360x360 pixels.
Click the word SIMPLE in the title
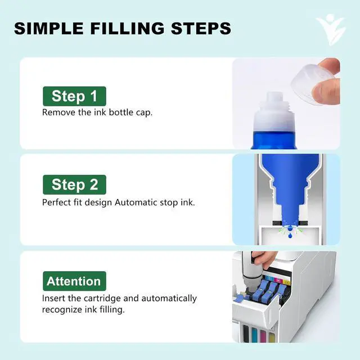pos(49,29)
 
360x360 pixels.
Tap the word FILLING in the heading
pos(128,29)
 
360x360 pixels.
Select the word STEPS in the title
pos(201,29)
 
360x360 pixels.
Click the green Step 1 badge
pos(74,96)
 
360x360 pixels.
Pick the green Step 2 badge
pos(74,184)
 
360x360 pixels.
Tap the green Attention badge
pos(74,281)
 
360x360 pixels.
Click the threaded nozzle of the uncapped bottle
pos(274,101)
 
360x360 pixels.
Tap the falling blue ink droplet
pos(290,235)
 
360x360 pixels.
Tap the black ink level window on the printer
pos(246,332)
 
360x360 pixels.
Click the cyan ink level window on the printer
pos(254,334)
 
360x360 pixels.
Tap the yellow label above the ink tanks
pos(287,282)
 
